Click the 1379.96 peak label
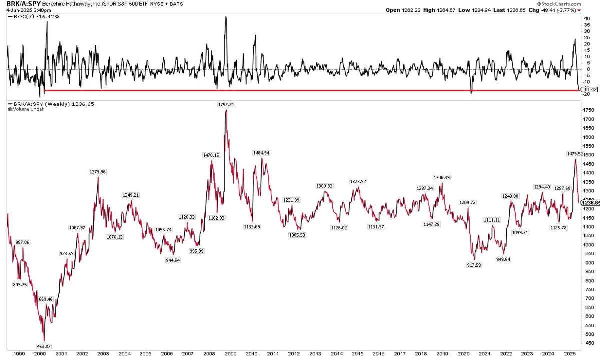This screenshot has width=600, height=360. click(x=98, y=172)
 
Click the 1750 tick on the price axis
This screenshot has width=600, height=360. click(x=588, y=110)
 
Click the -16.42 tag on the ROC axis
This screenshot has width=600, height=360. click(x=588, y=89)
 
